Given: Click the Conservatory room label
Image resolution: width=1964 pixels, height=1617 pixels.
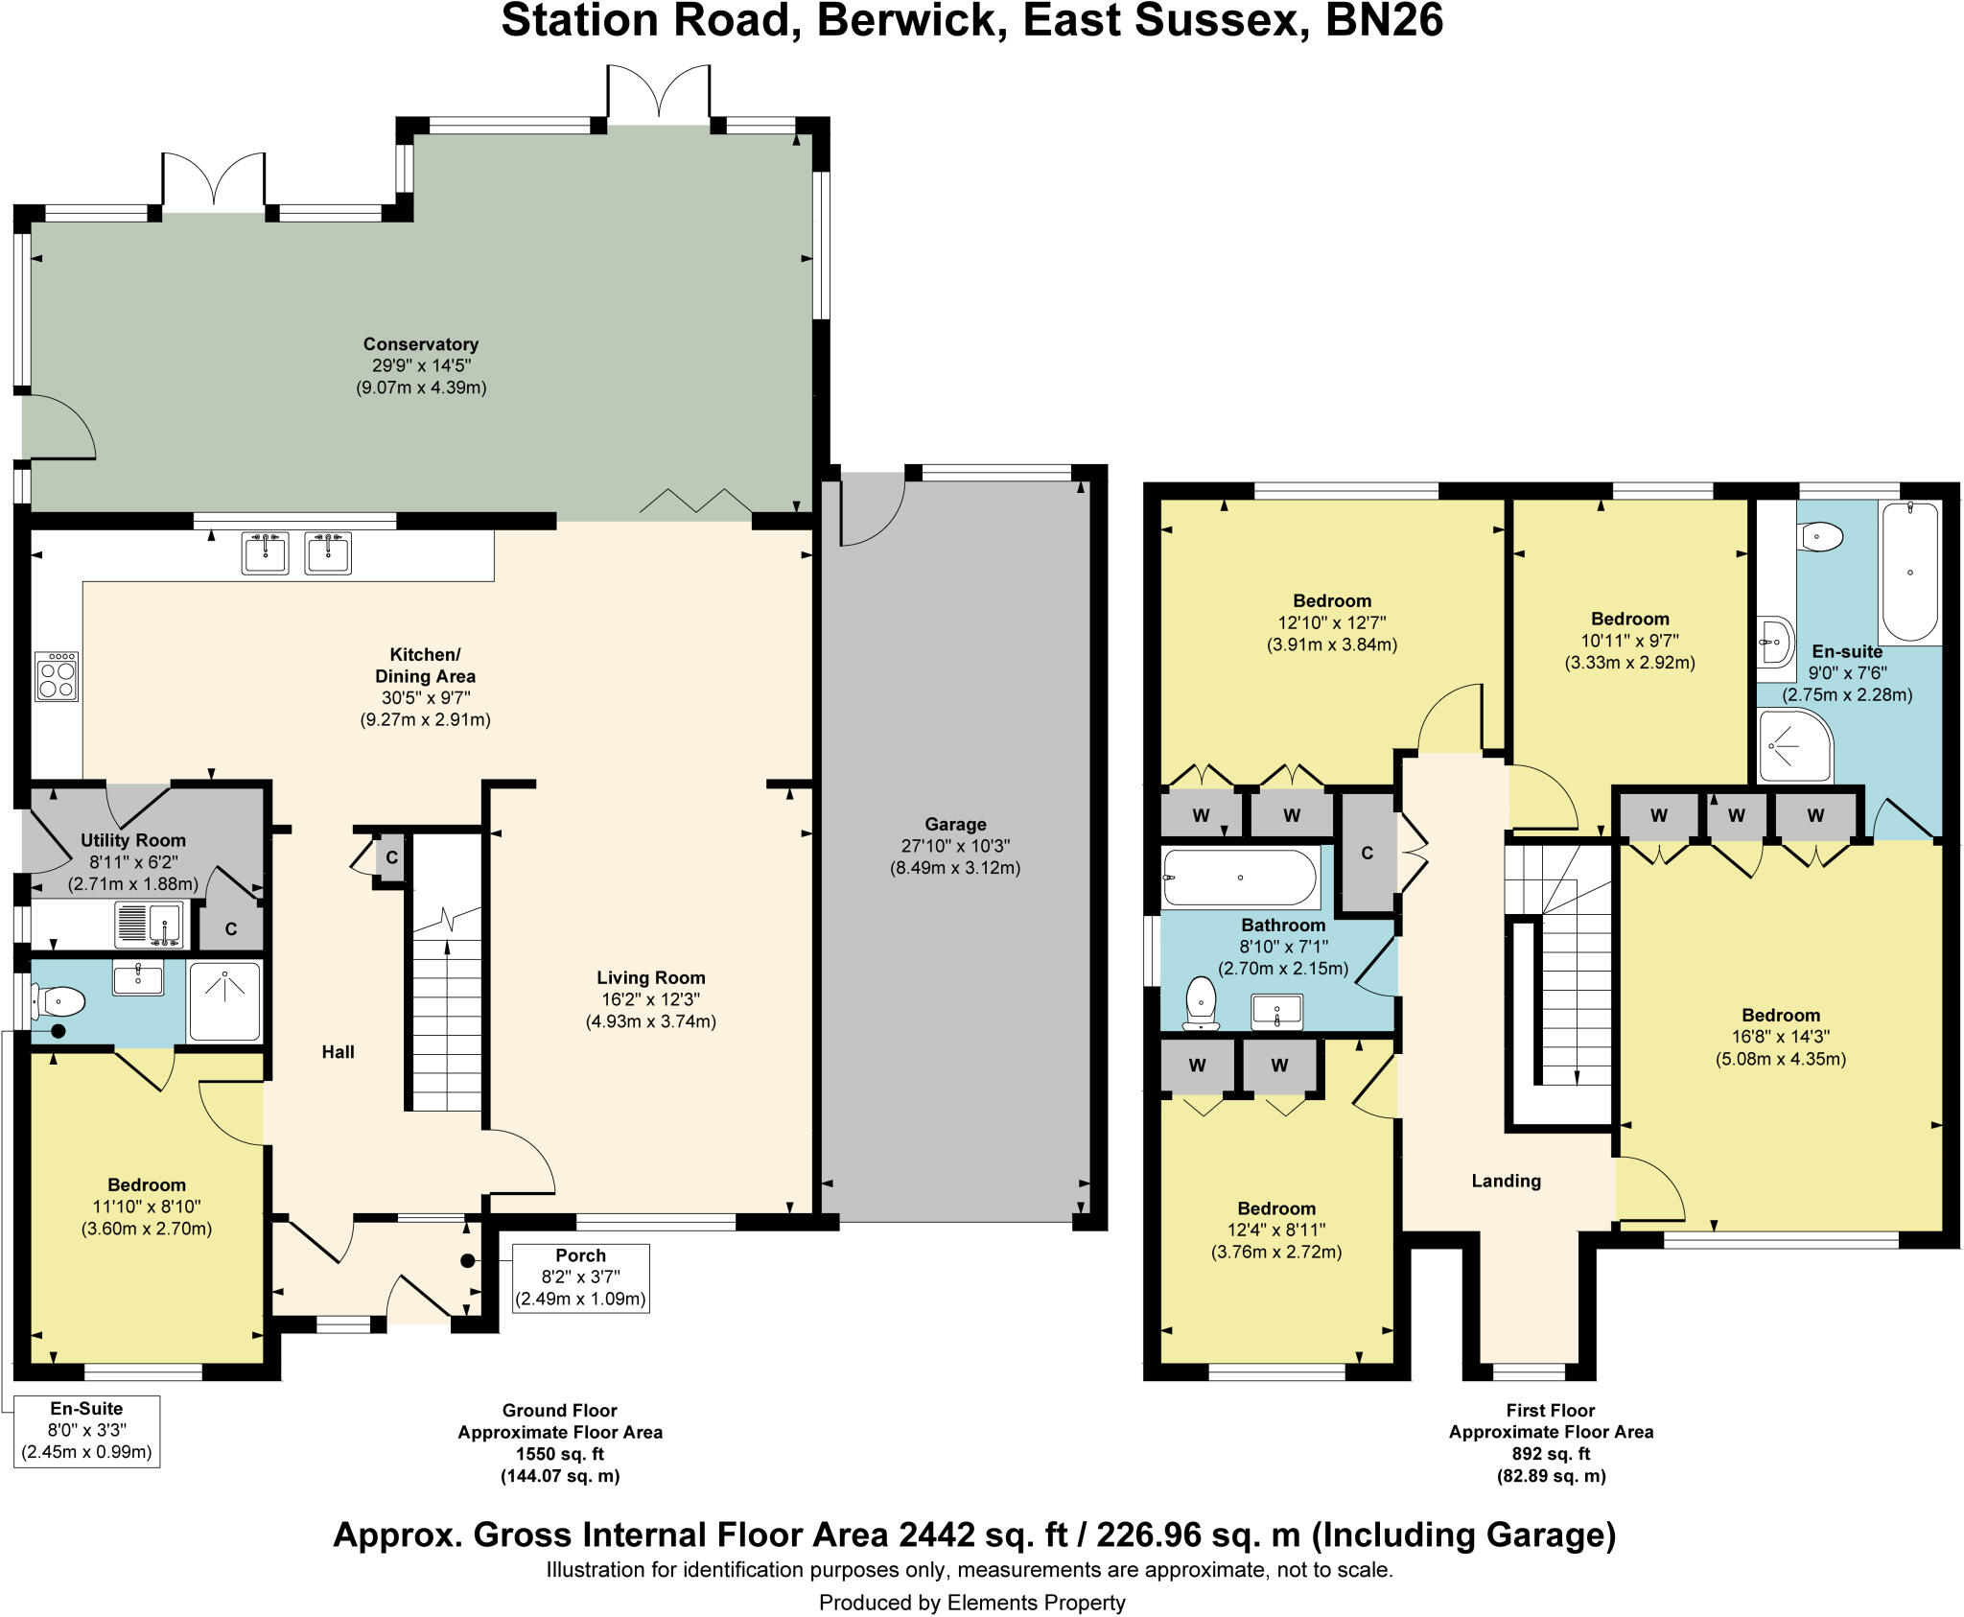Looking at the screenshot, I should pyautogui.click(x=420, y=344).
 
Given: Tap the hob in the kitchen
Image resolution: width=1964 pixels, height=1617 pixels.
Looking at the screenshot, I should pyautogui.click(x=57, y=676).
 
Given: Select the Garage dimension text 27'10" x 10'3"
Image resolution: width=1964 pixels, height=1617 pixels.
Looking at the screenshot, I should pyautogui.click(x=954, y=846).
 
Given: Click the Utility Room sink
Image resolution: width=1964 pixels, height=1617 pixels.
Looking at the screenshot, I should pyautogui.click(x=149, y=925).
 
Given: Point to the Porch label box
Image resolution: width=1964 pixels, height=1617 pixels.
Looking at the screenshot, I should pyautogui.click(x=580, y=1277).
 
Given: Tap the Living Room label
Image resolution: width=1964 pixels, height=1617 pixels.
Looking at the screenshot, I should pyautogui.click(x=650, y=977).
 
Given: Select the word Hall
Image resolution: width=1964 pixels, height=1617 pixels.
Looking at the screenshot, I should pyautogui.click(x=338, y=1052).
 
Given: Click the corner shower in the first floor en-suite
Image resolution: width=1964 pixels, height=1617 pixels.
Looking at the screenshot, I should pyautogui.click(x=1794, y=746).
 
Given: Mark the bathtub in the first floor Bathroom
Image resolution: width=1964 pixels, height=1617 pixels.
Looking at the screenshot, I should pyautogui.click(x=1239, y=878).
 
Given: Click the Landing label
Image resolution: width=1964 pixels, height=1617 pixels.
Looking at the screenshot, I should pyautogui.click(x=1506, y=1181).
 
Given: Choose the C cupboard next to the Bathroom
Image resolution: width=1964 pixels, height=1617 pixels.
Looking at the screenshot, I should pyautogui.click(x=1367, y=853).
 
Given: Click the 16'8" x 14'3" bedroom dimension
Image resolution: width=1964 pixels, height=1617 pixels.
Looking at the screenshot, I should pyautogui.click(x=1780, y=1037).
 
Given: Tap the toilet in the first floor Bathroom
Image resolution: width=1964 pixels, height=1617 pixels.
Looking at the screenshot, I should pyautogui.click(x=1201, y=1003).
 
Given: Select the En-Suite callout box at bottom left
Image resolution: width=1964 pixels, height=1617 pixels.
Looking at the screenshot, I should pyautogui.click(x=86, y=1431).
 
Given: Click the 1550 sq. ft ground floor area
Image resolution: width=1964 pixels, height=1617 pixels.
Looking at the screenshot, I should pyautogui.click(x=559, y=1454).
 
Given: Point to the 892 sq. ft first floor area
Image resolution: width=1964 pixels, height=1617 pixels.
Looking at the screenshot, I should pyautogui.click(x=1550, y=1454).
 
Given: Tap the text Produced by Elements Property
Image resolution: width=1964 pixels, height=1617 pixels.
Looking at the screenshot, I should pyautogui.click(x=971, y=1603).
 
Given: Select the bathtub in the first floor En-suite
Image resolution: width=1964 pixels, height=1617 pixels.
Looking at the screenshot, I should pyautogui.click(x=1909, y=573).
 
